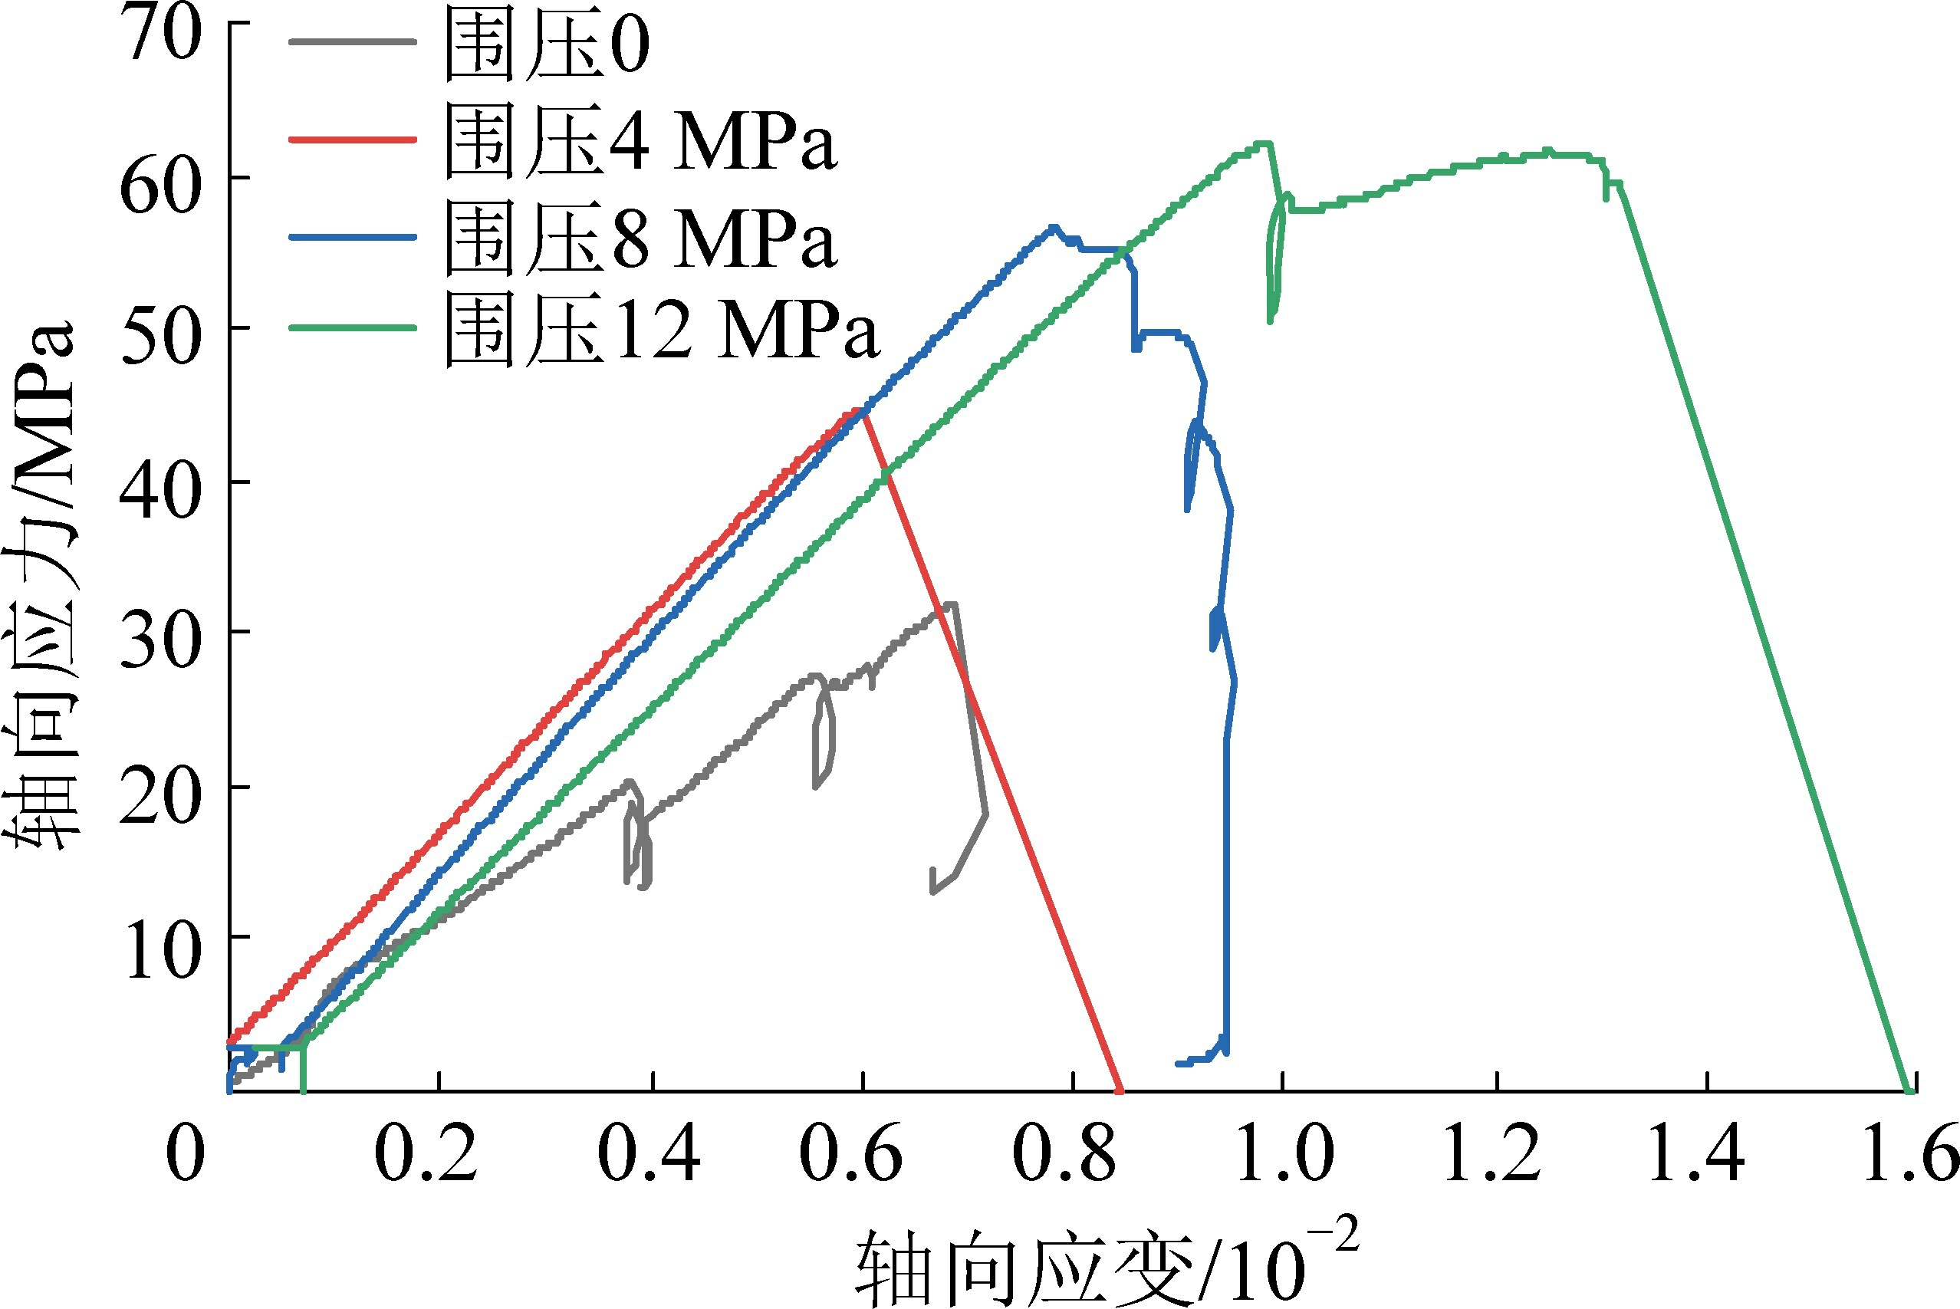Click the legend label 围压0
click(x=547, y=44)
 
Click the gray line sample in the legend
click(x=351, y=41)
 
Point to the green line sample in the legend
click(x=351, y=328)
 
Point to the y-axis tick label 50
click(x=161, y=333)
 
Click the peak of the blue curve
click(x=1054, y=227)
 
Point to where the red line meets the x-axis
click(x=1120, y=1090)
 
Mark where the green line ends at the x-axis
click(x=1909, y=1090)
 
